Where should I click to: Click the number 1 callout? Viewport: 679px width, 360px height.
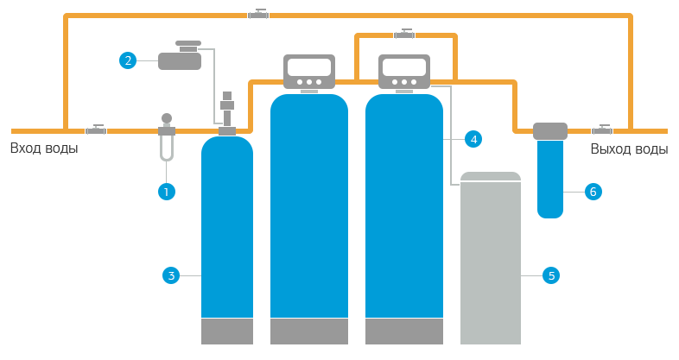[166, 192]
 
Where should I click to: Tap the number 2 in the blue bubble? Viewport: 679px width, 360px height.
[128, 60]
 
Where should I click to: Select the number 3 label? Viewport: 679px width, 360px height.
[171, 276]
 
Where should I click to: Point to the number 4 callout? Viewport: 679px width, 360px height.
[473, 140]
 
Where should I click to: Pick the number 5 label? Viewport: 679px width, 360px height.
[551, 276]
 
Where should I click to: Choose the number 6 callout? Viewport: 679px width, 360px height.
[593, 192]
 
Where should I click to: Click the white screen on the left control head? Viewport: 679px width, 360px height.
[309, 67]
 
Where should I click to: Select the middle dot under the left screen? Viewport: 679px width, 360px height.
[308, 82]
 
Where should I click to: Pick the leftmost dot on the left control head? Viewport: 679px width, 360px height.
[298, 82]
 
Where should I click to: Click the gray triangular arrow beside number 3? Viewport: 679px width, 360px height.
[192, 276]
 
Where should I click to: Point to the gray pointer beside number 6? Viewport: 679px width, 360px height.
[573, 192]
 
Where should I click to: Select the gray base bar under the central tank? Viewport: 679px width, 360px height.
[326, 331]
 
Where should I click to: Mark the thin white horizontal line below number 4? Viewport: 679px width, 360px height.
[492, 181]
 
